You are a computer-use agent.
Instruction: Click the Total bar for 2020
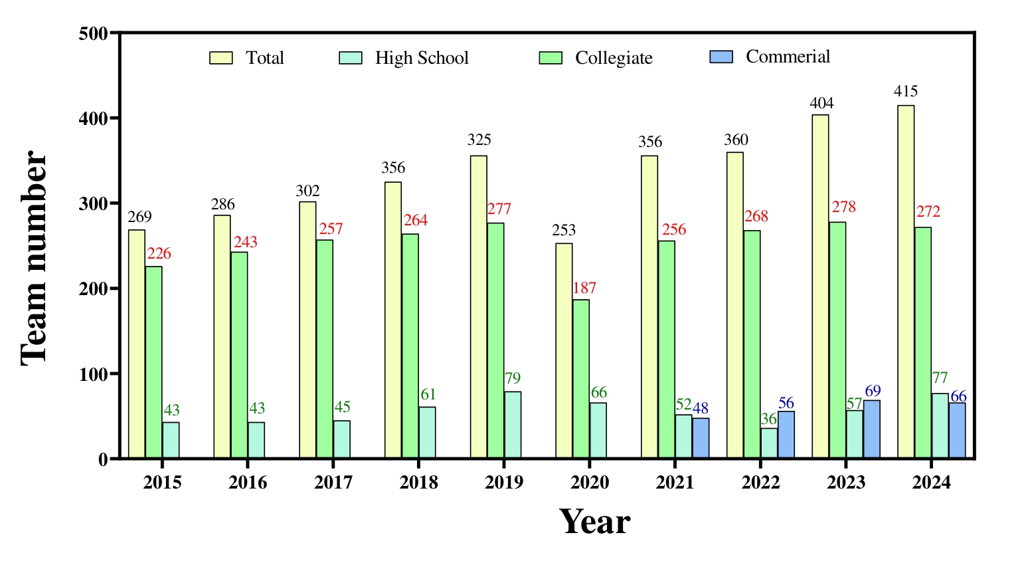(564, 351)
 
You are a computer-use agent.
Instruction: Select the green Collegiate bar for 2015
(153, 362)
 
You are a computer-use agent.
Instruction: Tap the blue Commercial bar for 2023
(871, 429)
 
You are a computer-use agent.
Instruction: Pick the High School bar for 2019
(513, 425)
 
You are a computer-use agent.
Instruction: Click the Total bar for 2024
(906, 282)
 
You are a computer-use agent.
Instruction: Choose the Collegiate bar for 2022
(752, 344)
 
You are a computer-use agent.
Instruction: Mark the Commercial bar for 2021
(701, 438)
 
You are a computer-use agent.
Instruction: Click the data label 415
(906, 92)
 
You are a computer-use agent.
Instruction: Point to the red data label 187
(584, 288)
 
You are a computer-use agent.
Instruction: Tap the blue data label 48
(701, 408)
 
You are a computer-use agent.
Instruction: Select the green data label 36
(768, 419)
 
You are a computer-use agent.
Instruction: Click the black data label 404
(821, 103)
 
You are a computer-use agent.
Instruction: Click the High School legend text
(422, 58)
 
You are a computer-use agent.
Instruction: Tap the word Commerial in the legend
(788, 56)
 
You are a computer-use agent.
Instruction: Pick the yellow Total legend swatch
(220, 58)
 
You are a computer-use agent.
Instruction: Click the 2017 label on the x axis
(333, 482)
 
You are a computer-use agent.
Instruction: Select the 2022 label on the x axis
(760, 482)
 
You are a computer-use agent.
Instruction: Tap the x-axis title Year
(594, 522)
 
